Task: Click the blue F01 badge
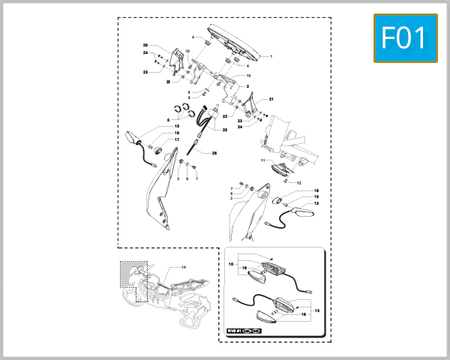tap(405, 37)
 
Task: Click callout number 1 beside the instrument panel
tap(271, 56)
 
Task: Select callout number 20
tap(145, 46)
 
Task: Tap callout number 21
tap(271, 99)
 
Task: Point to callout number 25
tap(224, 129)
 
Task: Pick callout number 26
tap(214, 153)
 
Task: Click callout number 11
tap(262, 160)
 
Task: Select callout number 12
tap(298, 183)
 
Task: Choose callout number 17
tap(177, 140)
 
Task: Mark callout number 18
tap(316, 190)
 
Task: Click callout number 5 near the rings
tap(168, 119)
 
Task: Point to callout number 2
tap(247, 86)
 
